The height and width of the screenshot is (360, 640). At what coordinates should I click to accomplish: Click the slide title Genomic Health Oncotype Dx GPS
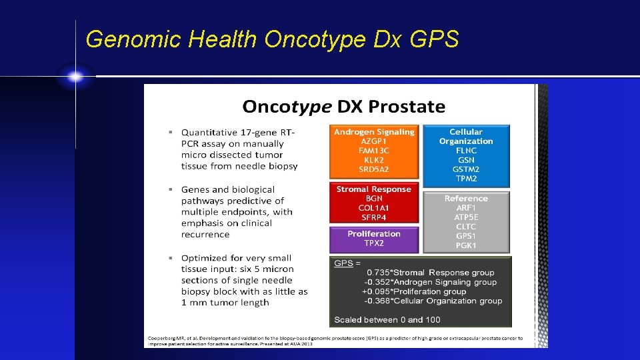coord(272,40)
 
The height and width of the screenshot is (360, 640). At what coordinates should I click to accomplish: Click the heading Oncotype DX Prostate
coord(343,106)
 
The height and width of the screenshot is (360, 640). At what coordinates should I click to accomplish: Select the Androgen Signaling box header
coord(374,132)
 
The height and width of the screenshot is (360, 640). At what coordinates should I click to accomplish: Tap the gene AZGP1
coord(374,141)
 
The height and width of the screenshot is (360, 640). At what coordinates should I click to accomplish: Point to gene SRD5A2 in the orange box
coord(374,169)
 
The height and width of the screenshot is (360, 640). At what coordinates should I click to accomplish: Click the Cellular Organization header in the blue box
coord(466,137)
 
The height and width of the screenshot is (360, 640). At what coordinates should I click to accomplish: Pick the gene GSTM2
coord(466,169)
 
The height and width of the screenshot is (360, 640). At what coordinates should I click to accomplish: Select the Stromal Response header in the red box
coord(374,189)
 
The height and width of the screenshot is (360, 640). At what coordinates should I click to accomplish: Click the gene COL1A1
coord(374,208)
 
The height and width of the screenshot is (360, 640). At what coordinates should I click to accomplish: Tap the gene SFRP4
coord(374,217)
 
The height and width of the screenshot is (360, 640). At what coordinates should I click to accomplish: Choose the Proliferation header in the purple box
coord(374,234)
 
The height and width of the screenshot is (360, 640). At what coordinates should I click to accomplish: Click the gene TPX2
coord(374,243)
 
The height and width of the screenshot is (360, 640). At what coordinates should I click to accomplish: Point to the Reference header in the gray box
coord(466,199)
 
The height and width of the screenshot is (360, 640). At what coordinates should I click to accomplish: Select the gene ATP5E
coord(466,217)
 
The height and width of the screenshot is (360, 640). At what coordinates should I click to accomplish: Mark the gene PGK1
coord(466,245)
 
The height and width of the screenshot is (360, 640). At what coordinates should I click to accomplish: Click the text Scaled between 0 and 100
coord(387,319)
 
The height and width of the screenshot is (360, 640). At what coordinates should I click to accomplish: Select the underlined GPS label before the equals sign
coord(343,263)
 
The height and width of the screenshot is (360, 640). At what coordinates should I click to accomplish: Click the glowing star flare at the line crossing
coord(75,77)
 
